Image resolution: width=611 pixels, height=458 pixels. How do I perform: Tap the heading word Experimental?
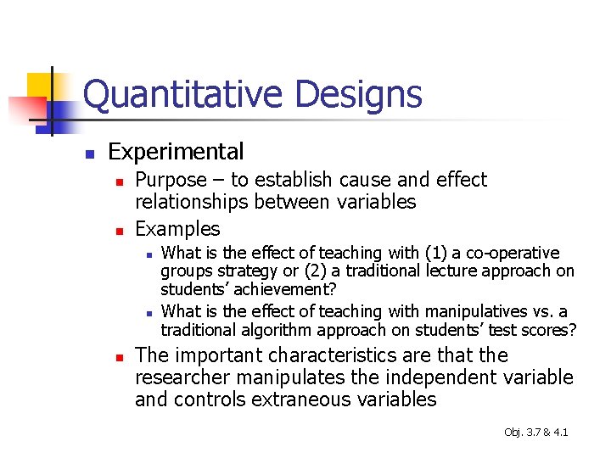coord(176,152)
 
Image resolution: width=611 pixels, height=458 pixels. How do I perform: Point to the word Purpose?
coord(171,180)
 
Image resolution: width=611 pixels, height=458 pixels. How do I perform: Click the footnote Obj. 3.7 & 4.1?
coord(535,433)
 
